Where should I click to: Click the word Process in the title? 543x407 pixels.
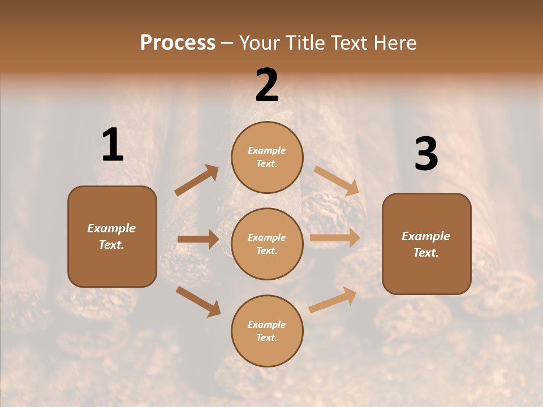tap(178, 42)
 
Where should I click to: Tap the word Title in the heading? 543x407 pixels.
tap(304, 42)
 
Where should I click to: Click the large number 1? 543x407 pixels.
tap(113, 145)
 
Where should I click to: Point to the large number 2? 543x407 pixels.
tap(267, 86)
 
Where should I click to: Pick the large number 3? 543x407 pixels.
tap(426, 154)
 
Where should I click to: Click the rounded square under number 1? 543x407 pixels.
tap(112, 236)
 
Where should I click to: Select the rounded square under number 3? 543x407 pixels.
tap(426, 244)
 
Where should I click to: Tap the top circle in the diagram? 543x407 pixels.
tap(267, 157)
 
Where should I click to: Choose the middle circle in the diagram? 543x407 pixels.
tap(267, 244)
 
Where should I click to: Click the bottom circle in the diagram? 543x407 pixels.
tap(267, 331)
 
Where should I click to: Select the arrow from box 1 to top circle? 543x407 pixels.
tap(196, 180)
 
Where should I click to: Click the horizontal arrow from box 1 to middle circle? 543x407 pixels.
tap(198, 239)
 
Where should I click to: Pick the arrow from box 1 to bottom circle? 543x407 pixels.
tap(198, 301)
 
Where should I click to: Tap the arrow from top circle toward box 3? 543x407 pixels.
tap(336, 181)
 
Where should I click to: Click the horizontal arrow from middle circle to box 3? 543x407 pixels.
tap(335, 238)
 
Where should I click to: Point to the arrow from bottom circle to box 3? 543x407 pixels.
tap(333, 300)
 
